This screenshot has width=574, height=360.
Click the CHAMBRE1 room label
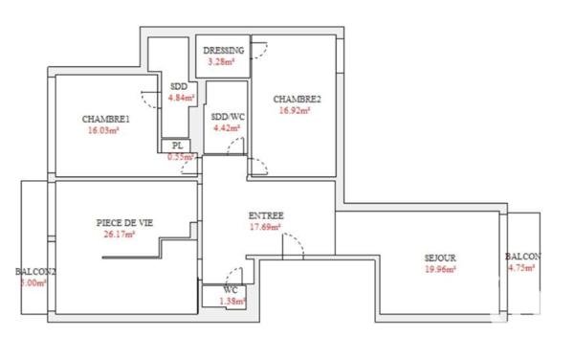pos(105,119)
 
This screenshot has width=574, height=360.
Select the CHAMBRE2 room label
pos(297,99)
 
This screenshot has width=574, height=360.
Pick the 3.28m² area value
pos(223,62)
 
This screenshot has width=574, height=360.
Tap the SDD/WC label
pos(228,116)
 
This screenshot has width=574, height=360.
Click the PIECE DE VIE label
pos(124,221)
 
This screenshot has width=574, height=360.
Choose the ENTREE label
pos(265,215)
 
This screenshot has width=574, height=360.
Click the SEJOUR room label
pos(441,259)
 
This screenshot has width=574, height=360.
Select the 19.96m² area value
pos(440,269)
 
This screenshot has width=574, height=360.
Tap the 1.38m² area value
pos(232,301)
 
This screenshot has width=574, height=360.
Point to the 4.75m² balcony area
pos(521,269)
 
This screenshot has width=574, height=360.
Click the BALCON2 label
pos(36,271)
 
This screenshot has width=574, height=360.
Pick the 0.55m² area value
pos(181,156)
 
